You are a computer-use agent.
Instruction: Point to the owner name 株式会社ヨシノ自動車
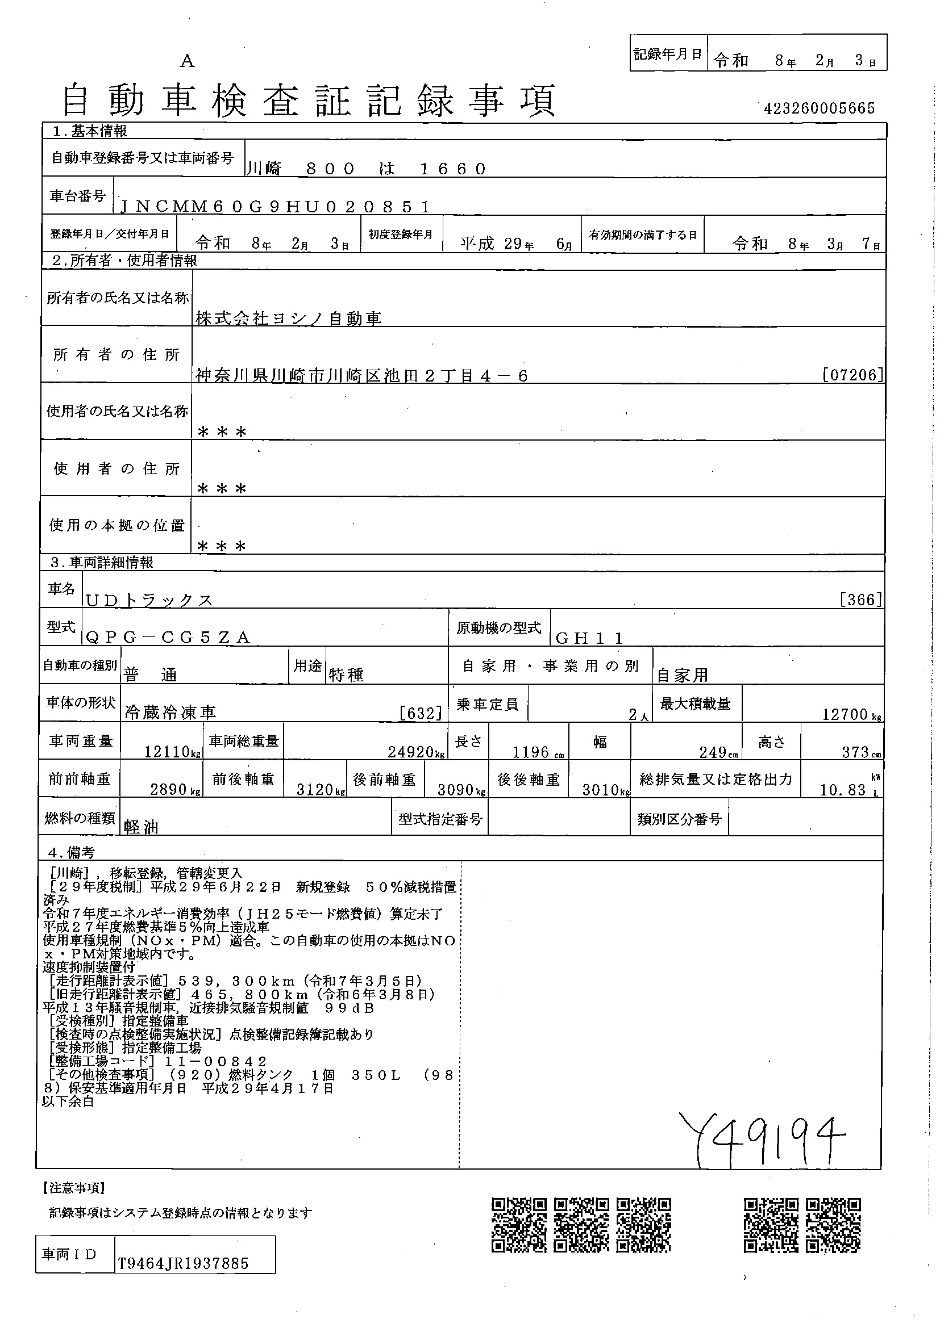click(288, 318)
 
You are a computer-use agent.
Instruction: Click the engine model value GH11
click(589, 638)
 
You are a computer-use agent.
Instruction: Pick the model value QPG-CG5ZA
click(167, 638)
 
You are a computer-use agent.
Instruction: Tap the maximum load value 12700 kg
click(846, 714)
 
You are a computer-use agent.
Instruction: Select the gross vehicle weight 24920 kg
click(411, 752)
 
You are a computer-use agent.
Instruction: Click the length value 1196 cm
click(532, 752)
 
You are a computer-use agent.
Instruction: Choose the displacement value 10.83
click(842, 790)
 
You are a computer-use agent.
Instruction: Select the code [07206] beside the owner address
click(852, 375)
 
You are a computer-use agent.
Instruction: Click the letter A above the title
click(186, 62)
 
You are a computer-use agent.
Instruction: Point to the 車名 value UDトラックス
click(149, 600)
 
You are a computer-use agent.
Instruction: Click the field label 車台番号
click(77, 196)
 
